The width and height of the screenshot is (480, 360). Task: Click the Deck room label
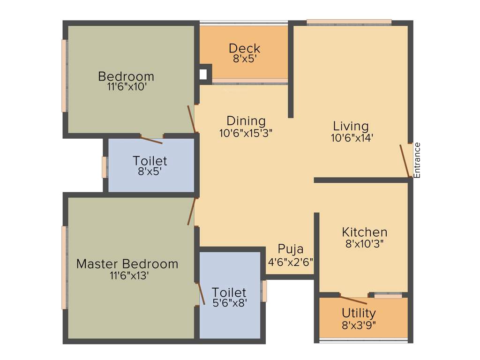[244, 48]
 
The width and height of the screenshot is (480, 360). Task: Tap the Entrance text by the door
[417, 160]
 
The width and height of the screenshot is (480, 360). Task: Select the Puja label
[290, 249]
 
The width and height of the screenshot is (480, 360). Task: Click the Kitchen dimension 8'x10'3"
[364, 244]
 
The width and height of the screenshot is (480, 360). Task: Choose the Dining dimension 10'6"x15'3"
[246, 133]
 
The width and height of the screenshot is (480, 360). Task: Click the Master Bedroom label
[127, 264]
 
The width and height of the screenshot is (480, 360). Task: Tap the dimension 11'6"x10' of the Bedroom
[126, 87]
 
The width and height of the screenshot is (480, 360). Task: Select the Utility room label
[359, 313]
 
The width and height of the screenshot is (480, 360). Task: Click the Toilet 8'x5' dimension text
[150, 172]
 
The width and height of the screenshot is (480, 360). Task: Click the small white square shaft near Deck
[203, 74]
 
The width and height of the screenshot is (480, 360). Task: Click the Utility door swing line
[353, 300]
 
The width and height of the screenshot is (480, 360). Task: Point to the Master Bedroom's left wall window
[64, 268]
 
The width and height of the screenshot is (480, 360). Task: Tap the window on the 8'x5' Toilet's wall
[104, 167]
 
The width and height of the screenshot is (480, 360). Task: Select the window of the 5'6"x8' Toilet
[264, 291]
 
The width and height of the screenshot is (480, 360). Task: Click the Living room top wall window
[349, 22]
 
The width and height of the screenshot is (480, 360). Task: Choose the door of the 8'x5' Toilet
[151, 140]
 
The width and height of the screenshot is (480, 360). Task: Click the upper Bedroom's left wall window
[64, 75]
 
